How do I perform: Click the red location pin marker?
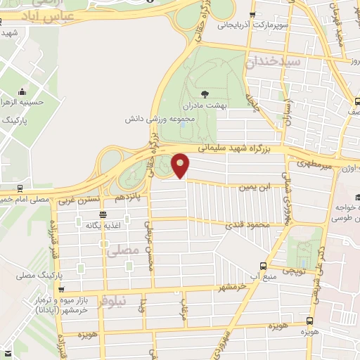pos(181,165)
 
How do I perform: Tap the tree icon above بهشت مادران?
pos(205,93)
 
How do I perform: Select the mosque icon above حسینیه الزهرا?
pos(23,91)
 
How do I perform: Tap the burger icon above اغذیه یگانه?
pos(103,214)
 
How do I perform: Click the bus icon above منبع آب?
pos(263,266)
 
